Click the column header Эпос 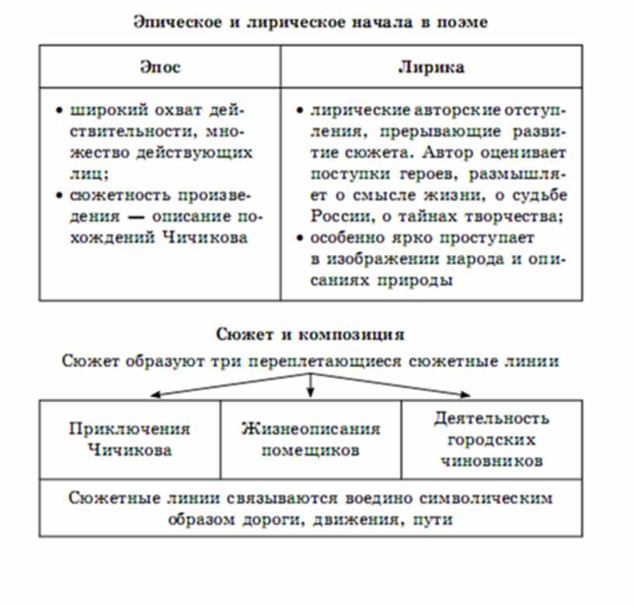pos(160,67)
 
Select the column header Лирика pos(431,67)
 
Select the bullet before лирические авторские pos(301,110)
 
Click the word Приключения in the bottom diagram pos(129,428)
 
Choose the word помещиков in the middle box pos(310,450)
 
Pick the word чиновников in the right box pos(491,460)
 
